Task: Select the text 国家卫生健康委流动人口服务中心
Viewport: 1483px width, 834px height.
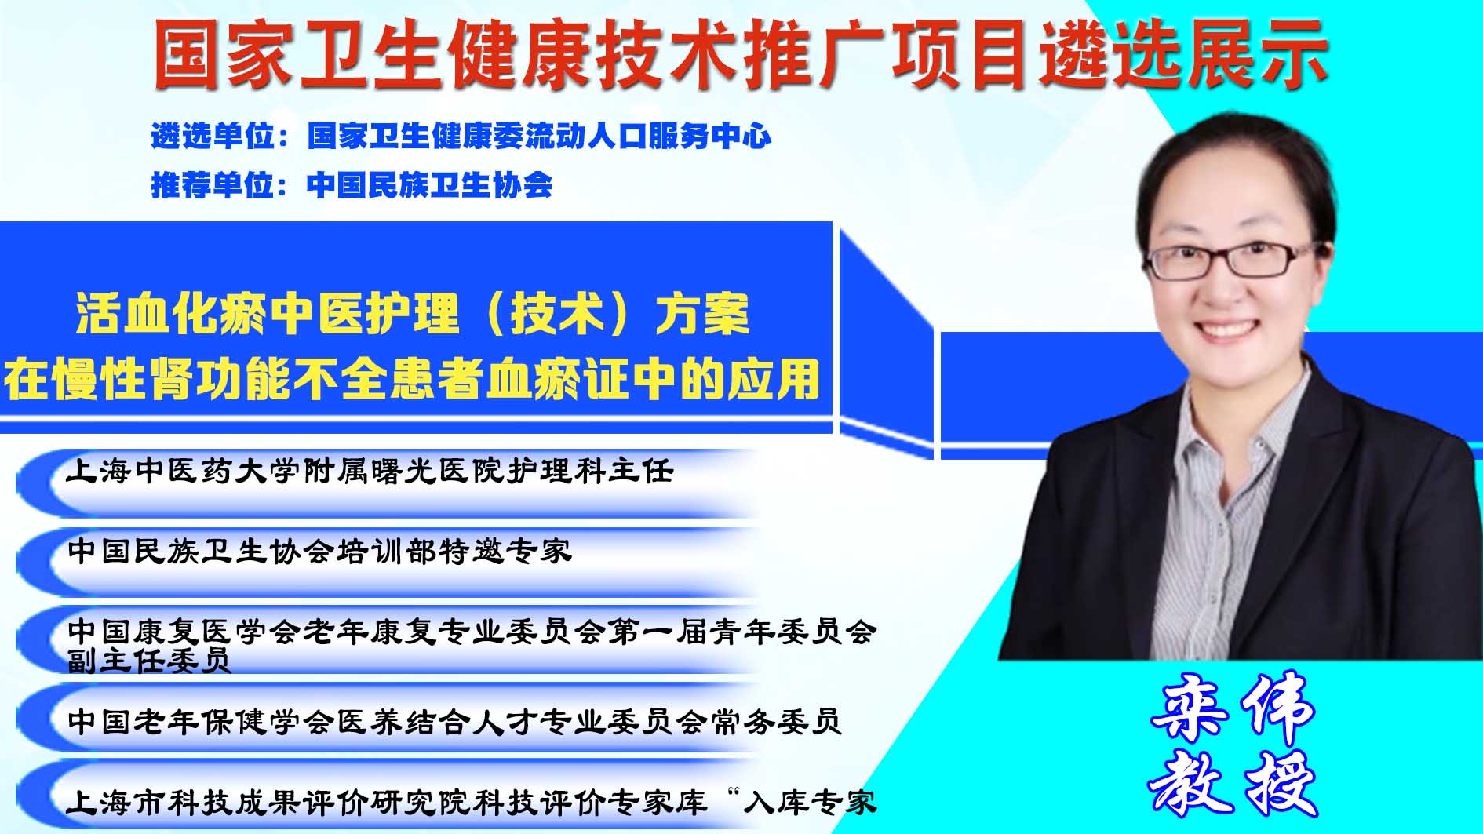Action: (x=539, y=137)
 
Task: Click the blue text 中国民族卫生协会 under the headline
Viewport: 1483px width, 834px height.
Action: (x=430, y=185)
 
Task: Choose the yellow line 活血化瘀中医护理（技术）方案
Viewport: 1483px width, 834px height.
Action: (x=413, y=314)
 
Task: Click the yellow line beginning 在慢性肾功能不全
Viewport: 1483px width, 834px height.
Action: (x=412, y=379)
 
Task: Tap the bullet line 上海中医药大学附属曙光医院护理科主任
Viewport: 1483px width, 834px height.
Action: (x=370, y=471)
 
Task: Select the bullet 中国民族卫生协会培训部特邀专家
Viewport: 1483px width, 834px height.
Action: (x=319, y=551)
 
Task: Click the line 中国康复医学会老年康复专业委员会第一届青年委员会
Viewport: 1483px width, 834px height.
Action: (x=472, y=632)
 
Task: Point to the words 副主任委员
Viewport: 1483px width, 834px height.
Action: (x=148, y=661)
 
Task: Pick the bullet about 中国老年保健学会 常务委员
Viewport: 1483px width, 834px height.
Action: (x=455, y=721)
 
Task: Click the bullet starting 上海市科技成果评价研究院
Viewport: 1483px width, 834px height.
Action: (x=472, y=802)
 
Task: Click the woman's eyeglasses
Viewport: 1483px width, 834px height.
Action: (x=1230, y=260)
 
